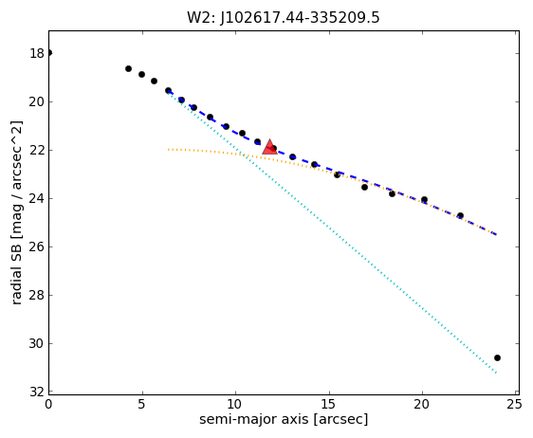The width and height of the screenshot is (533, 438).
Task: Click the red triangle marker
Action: (x=270, y=147)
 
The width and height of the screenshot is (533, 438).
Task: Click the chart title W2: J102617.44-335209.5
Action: (x=284, y=18)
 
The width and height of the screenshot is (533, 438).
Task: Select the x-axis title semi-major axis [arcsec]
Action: (x=284, y=419)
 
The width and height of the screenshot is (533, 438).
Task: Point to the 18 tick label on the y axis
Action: (x=37, y=53)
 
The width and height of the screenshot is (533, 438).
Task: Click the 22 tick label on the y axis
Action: (x=37, y=150)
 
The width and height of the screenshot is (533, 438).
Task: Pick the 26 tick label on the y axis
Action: (x=37, y=246)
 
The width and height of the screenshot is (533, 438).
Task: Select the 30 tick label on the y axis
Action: (x=37, y=343)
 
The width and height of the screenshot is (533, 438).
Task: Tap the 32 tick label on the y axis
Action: (x=37, y=392)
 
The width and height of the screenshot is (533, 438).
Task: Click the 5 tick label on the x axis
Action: (x=141, y=405)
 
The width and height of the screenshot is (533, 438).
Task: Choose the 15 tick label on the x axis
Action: (x=329, y=405)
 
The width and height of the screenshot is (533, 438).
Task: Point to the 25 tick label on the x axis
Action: (x=514, y=405)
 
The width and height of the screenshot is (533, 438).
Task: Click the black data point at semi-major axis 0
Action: (x=49, y=53)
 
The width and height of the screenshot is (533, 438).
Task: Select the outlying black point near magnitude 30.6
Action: (x=497, y=357)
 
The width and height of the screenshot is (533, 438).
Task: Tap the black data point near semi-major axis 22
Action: (x=460, y=215)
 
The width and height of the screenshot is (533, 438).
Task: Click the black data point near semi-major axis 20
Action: (x=424, y=199)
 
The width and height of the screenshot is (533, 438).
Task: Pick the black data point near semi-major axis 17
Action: (x=364, y=187)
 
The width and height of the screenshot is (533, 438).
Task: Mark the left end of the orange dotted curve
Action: (x=168, y=149)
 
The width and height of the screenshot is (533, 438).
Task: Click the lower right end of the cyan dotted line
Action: (x=496, y=373)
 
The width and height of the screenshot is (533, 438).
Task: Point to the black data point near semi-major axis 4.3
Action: (x=128, y=68)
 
